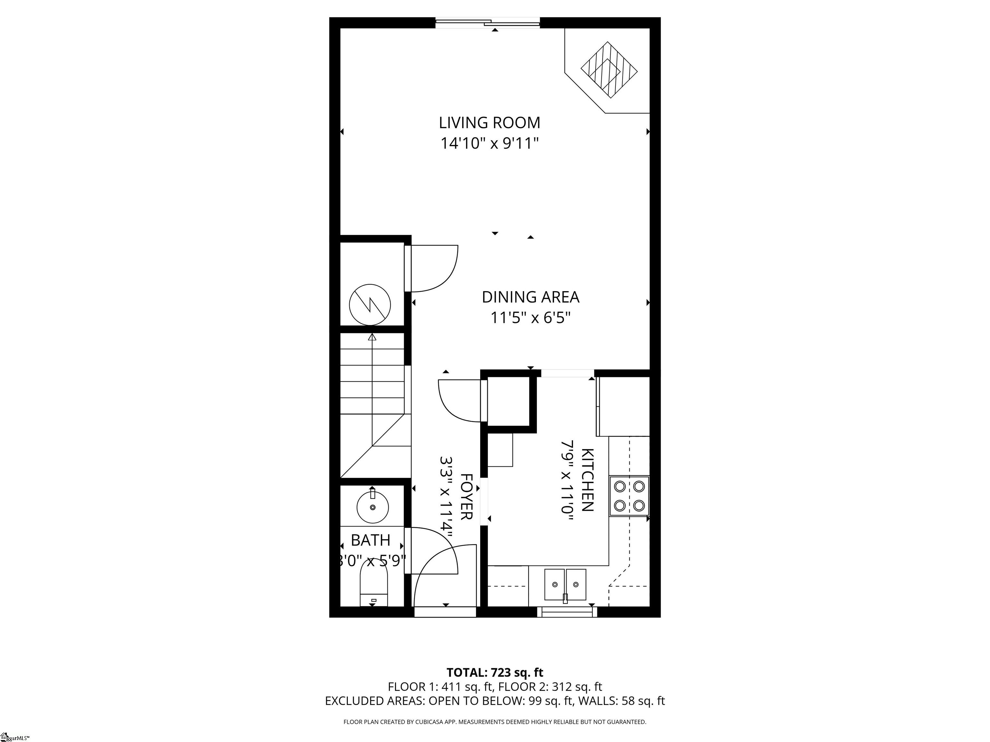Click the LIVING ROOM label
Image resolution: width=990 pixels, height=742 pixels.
[x=489, y=123]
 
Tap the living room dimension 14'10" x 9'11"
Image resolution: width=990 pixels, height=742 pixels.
[x=489, y=144]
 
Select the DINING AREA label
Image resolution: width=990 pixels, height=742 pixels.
[x=530, y=297]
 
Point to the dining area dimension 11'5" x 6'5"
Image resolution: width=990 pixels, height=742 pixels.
[x=530, y=318]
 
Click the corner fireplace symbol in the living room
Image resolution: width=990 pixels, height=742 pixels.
[x=609, y=70]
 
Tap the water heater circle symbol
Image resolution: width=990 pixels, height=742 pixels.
[x=370, y=305]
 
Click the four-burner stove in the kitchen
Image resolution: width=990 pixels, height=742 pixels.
[x=629, y=496]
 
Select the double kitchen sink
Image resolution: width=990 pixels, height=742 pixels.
[x=565, y=585]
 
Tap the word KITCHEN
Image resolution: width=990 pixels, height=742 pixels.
[x=587, y=480]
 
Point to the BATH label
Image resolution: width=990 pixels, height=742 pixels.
[x=371, y=540]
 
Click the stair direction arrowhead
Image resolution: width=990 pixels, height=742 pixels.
[x=372, y=337]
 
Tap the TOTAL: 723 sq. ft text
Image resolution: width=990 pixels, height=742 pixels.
[x=495, y=685]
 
